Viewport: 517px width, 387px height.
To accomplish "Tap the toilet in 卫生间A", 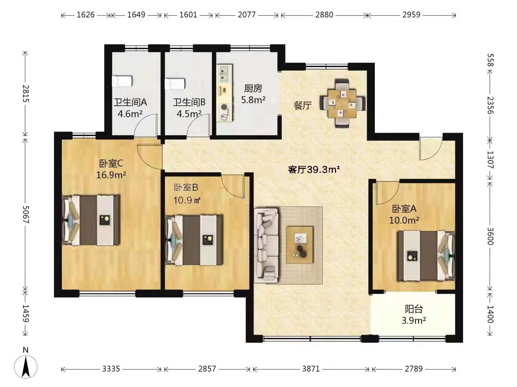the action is click(x=122, y=81).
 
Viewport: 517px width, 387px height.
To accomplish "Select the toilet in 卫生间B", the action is click(x=175, y=84).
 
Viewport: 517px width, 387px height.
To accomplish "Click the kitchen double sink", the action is click(x=224, y=73).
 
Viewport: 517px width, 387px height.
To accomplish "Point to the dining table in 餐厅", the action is click(x=343, y=104).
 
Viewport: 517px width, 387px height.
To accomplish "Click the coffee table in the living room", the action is click(x=299, y=245).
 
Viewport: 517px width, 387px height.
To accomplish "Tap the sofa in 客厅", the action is click(x=266, y=245).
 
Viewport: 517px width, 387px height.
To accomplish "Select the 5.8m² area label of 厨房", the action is click(x=253, y=100).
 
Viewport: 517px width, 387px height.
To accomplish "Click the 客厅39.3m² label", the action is click(x=314, y=169).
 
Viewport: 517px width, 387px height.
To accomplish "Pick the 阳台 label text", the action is click(x=414, y=309).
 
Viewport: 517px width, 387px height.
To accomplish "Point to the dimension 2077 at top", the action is click(x=247, y=15).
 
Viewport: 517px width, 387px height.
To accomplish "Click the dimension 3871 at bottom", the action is click(x=311, y=369).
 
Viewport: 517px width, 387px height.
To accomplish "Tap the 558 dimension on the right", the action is click(x=490, y=60).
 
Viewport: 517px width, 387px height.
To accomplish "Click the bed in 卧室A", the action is click(x=426, y=255).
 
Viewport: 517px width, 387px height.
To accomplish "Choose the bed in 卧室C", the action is click(x=91, y=220).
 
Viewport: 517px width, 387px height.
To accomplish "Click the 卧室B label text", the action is click(x=186, y=187).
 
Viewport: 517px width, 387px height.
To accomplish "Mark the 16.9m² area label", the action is click(x=111, y=175).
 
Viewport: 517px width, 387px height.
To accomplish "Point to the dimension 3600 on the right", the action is click(x=490, y=236).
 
